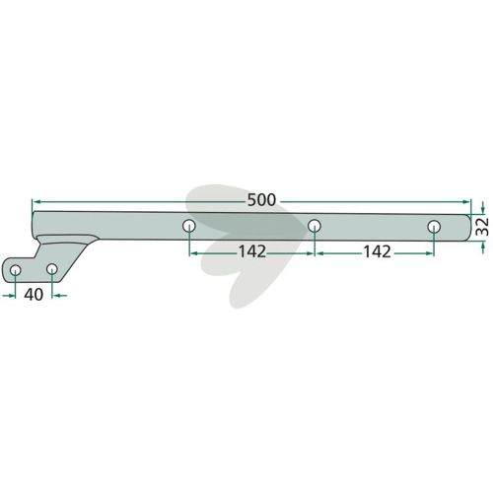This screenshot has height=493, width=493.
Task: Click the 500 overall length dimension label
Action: tap(261, 200)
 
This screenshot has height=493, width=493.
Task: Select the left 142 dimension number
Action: tap(252, 251)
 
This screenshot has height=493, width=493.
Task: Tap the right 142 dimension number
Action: tap(377, 251)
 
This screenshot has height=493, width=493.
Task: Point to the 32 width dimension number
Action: tap(482, 227)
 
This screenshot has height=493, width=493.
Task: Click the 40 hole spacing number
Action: tap(34, 295)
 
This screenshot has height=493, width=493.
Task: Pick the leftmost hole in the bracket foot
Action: tap(15, 270)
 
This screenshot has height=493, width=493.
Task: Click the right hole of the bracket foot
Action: tap(52, 269)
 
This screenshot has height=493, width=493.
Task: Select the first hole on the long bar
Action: tap(189, 226)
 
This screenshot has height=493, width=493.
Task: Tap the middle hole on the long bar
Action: tap(315, 226)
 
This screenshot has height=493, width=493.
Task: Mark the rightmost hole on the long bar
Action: tap(434, 227)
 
